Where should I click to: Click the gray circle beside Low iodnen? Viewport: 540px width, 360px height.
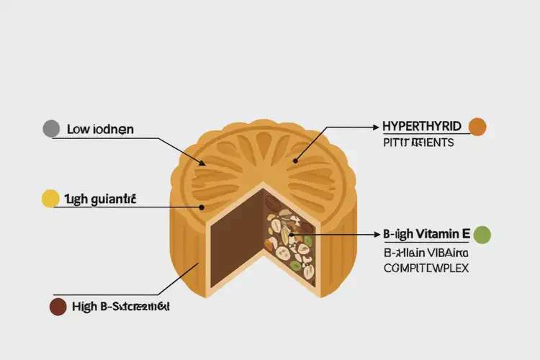51,129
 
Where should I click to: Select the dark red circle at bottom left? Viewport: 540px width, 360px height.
57,307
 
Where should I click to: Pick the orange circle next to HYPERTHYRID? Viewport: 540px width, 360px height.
477,127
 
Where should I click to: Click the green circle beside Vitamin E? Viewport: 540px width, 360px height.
482,234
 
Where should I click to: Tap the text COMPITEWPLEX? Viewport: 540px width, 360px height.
425,269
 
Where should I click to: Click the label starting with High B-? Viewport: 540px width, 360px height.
121,307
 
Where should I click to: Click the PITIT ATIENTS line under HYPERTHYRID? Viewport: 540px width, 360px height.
418,143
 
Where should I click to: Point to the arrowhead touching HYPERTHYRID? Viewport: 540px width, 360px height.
376,127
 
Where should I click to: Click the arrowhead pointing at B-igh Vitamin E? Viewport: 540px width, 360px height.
376,235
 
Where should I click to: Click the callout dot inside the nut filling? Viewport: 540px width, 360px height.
291,235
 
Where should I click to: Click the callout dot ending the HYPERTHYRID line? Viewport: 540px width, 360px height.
294,159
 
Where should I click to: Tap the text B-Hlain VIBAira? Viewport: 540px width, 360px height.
425,253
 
